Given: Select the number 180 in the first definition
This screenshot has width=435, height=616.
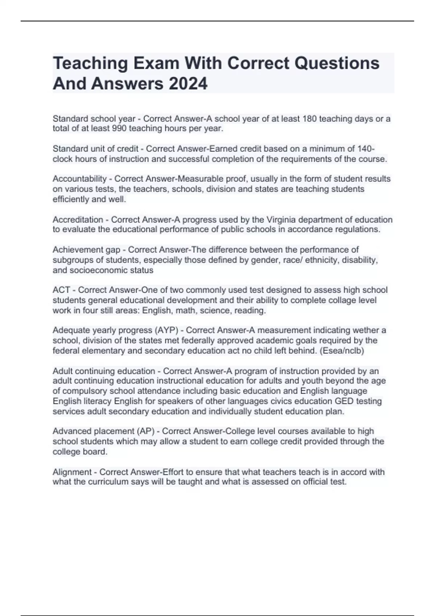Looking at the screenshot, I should (x=309, y=119).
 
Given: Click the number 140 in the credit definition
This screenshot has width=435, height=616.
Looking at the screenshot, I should (x=365, y=149).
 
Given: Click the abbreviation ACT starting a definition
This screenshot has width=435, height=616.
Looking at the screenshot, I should (x=61, y=290).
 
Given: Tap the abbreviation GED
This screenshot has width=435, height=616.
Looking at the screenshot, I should (x=344, y=401).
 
